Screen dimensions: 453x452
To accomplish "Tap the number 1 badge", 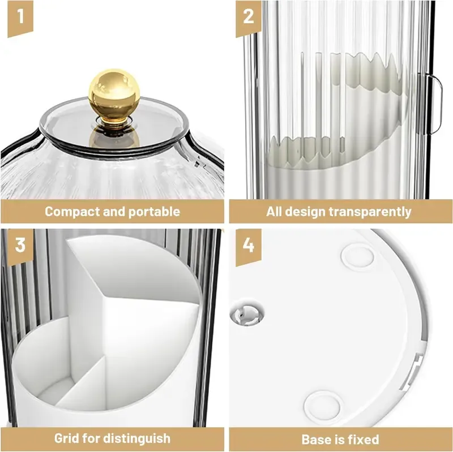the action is (20, 18).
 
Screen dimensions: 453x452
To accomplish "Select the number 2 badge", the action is (249, 18).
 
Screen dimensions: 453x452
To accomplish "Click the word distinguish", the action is (137, 439).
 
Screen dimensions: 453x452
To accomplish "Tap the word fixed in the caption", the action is (364, 440).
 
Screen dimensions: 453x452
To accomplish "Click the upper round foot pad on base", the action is (357, 256).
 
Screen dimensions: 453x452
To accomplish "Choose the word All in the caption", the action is (274, 212).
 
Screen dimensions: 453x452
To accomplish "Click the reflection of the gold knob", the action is (114, 137).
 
